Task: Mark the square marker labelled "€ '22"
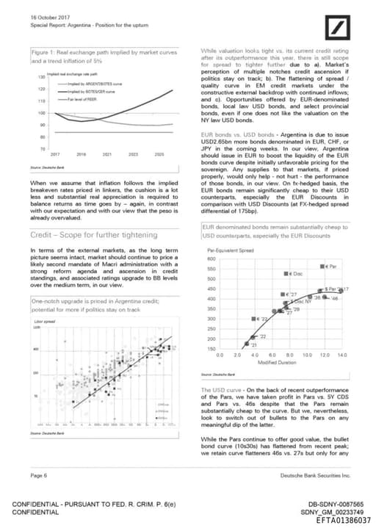coord(254,319)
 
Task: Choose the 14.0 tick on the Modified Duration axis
coord(342,355)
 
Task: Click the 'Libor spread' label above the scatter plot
coord(43,322)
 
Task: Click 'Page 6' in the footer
coord(40,476)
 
